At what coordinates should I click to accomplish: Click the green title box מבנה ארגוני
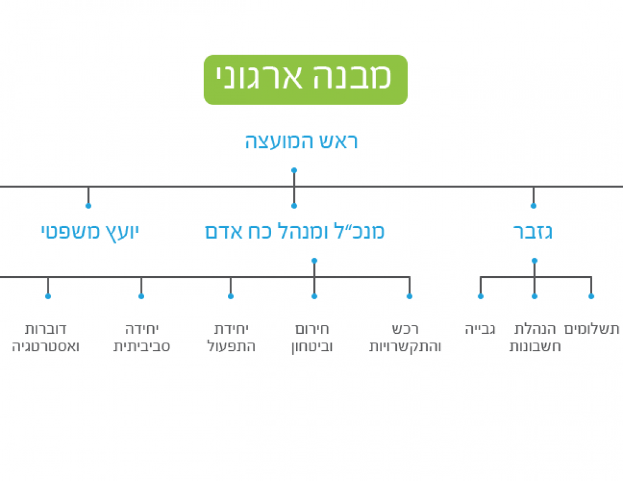pyautogui.click(x=306, y=80)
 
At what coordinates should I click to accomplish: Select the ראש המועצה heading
pyautogui.click(x=301, y=142)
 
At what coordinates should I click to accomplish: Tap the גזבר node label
pyautogui.click(x=533, y=232)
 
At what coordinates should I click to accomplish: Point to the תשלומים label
pyautogui.click(x=592, y=329)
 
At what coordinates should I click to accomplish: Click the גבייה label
pyautogui.click(x=480, y=329)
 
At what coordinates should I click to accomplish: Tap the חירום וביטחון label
pyautogui.click(x=314, y=337)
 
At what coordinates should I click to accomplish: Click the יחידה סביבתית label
pyautogui.click(x=142, y=337)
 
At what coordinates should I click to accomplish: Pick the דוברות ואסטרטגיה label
pyautogui.click(x=46, y=337)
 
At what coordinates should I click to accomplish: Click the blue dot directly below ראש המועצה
pyautogui.click(x=294, y=170)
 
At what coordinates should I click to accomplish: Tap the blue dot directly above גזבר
pyautogui.click(x=533, y=206)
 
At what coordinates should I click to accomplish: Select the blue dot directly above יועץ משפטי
pyautogui.click(x=88, y=206)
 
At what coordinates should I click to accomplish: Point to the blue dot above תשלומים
pyautogui.click(x=591, y=296)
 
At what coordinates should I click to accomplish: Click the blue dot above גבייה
pyautogui.click(x=481, y=296)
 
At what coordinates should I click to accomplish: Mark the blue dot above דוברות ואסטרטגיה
pyautogui.click(x=48, y=296)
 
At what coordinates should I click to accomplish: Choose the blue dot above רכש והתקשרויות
pyautogui.click(x=409, y=296)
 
